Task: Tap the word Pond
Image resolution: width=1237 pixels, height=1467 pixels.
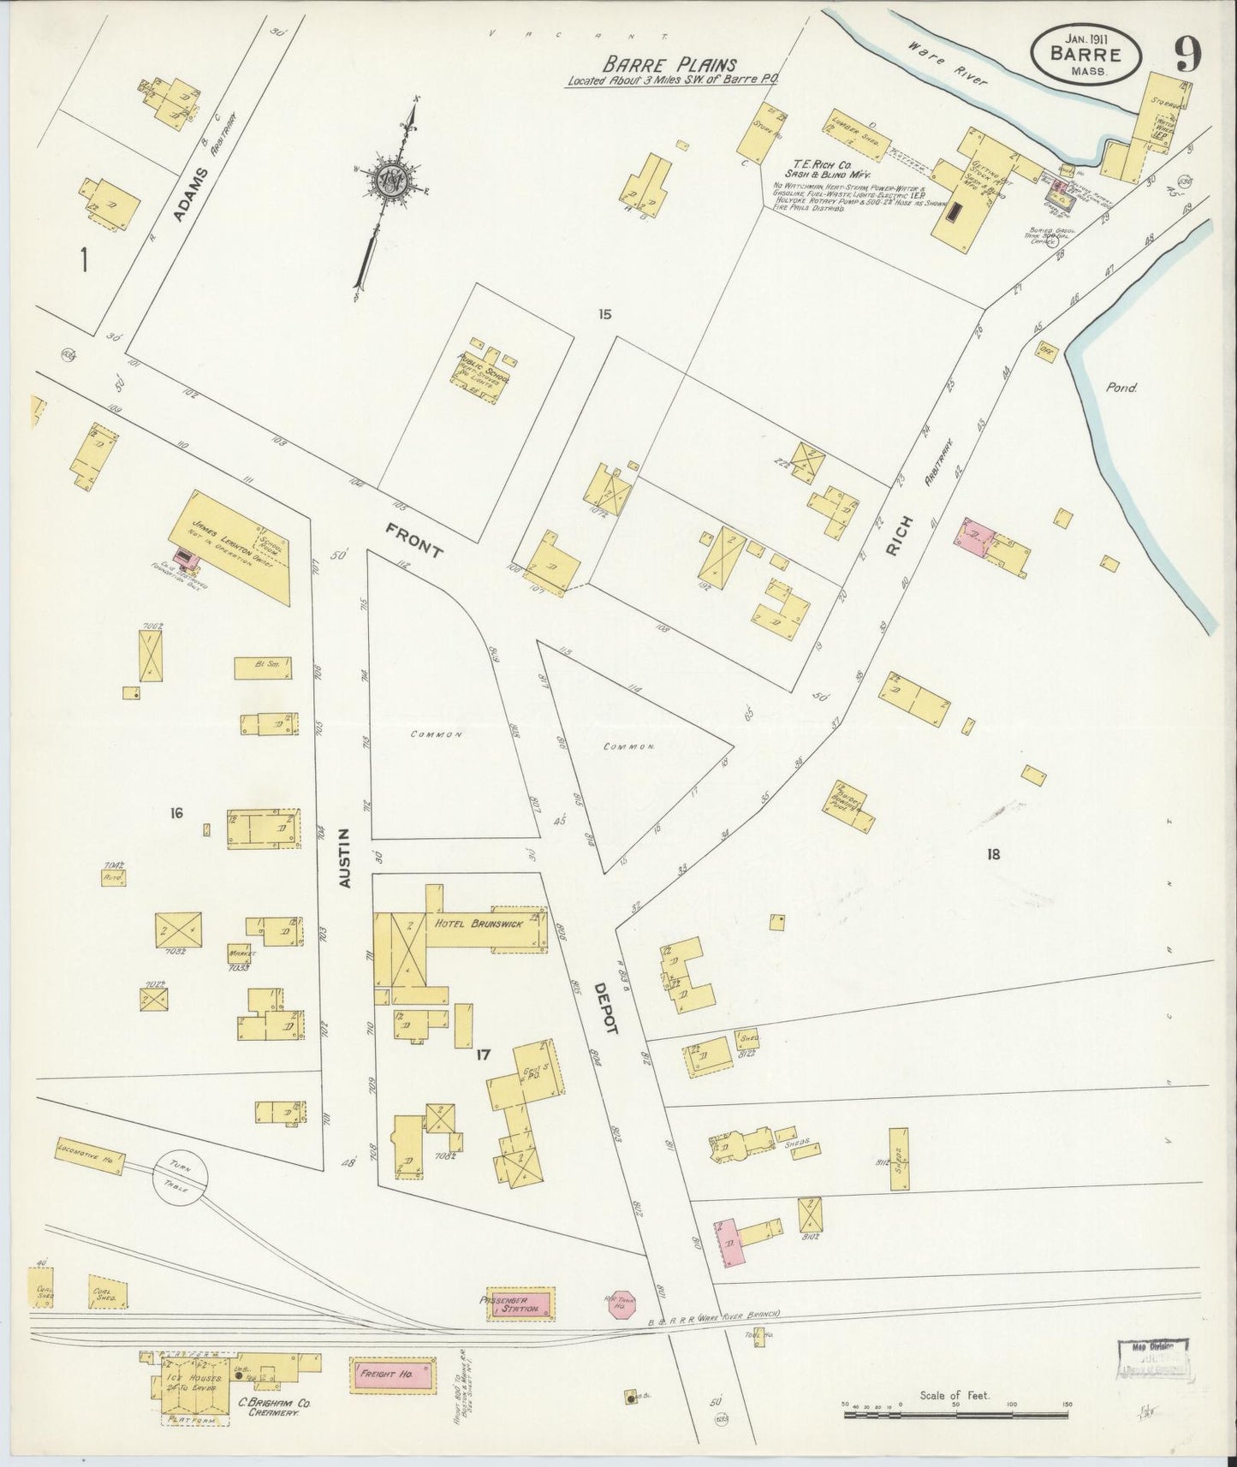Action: (1121, 388)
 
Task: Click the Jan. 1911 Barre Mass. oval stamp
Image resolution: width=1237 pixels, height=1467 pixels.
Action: (1085, 53)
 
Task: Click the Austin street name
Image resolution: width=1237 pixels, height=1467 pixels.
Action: (346, 856)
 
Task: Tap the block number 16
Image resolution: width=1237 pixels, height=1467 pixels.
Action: (176, 812)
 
